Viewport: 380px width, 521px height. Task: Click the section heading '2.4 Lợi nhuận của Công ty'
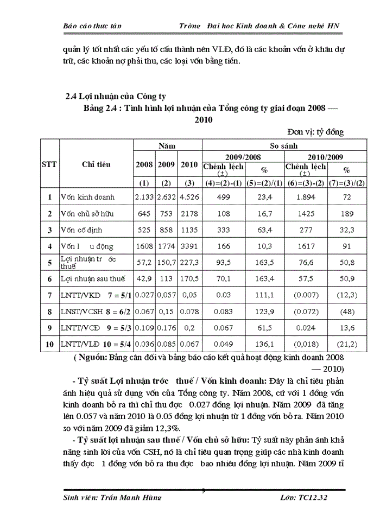pos(115,97)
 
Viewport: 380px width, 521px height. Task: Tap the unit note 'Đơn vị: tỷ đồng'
pos(315,131)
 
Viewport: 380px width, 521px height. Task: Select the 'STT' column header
pos(49,164)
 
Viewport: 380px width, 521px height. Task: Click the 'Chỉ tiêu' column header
pos(96,164)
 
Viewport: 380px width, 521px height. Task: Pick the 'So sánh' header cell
pos(284,146)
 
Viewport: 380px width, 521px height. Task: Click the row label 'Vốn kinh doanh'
pos(95,198)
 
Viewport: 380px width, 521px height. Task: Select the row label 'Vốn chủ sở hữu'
pos(94,214)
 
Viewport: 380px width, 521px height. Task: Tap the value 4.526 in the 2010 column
pos(189,198)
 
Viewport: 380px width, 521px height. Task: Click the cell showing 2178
pos(189,214)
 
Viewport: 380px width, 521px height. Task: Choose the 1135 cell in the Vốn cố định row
pos(189,230)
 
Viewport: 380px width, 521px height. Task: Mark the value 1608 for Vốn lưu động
pos(144,246)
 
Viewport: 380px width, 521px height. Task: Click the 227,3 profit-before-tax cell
pos(189,263)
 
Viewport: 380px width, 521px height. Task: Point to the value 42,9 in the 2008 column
pos(144,279)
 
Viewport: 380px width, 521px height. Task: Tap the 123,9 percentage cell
pos(265,312)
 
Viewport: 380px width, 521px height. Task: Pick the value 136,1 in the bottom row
pos(265,345)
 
